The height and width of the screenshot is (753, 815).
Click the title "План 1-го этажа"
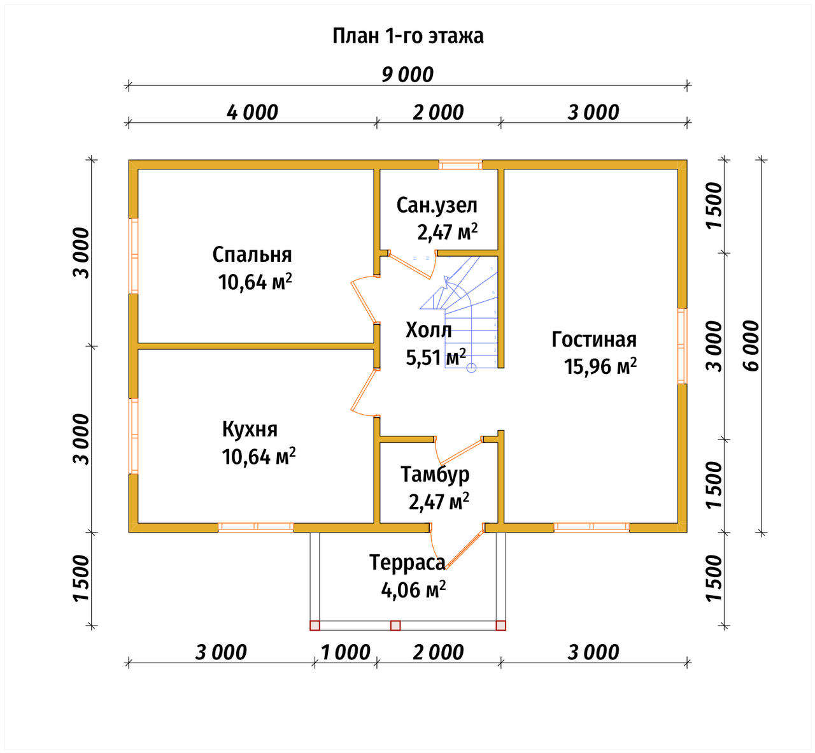[x=408, y=36]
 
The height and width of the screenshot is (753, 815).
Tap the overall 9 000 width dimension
[x=407, y=75]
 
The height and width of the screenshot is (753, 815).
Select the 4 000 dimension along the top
[x=252, y=112]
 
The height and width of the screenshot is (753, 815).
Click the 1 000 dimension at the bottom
[x=346, y=652]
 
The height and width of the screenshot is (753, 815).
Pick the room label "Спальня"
[x=252, y=255]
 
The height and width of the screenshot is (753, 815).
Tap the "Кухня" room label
[x=250, y=429]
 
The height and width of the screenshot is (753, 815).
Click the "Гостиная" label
[x=594, y=340]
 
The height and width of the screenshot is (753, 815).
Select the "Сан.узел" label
[x=437, y=206]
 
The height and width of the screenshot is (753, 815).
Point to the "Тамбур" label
[x=435, y=475]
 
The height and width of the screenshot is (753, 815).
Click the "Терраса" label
[x=407, y=563]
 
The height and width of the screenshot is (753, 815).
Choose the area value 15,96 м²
[x=600, y=366]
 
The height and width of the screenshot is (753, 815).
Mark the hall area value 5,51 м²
[x=436, y=357]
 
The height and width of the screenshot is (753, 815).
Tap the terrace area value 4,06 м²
[x=413, y=589]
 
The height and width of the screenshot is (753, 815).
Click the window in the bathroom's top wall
[x=460, y=165]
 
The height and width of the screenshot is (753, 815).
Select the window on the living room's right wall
[x=682, y=346]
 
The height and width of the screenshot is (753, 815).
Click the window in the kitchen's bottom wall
[x=256, y=527]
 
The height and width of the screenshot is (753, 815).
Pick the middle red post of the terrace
[x=395, y=626]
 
